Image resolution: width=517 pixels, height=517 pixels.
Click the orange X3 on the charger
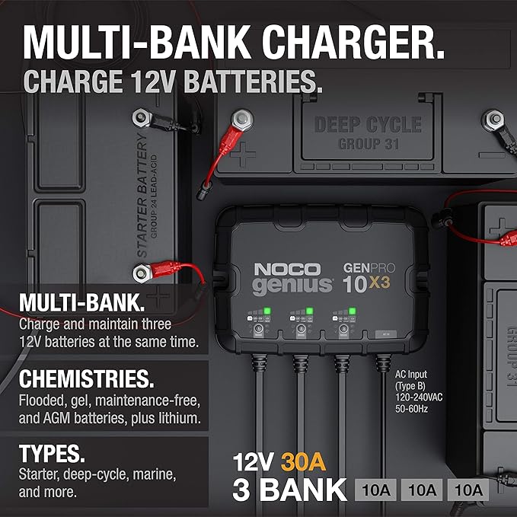(x=385, y=285)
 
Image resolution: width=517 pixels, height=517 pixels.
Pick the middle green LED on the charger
(x=309, y=311)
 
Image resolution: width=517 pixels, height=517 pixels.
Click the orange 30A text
(x=305, y=462)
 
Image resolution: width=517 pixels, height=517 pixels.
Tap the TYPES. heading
(x=52, y=455)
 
